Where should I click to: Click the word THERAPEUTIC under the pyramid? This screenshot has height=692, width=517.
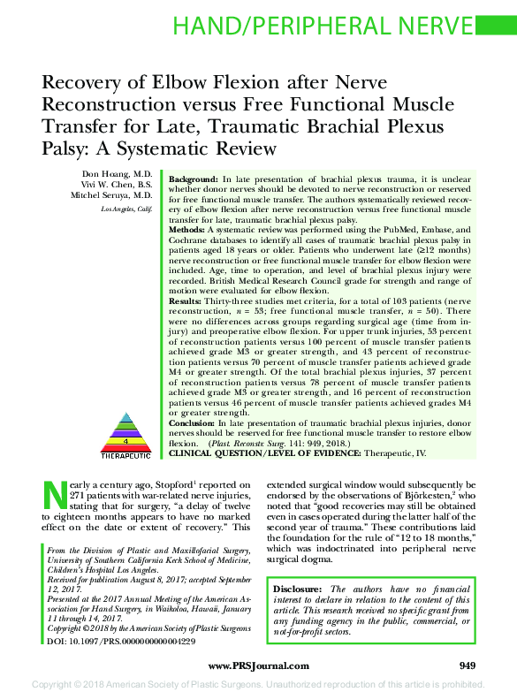125,455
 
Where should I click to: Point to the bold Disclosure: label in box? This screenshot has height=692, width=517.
300,589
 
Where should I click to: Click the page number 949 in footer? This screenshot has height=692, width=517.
468,665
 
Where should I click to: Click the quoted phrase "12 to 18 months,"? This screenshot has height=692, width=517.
414,536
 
